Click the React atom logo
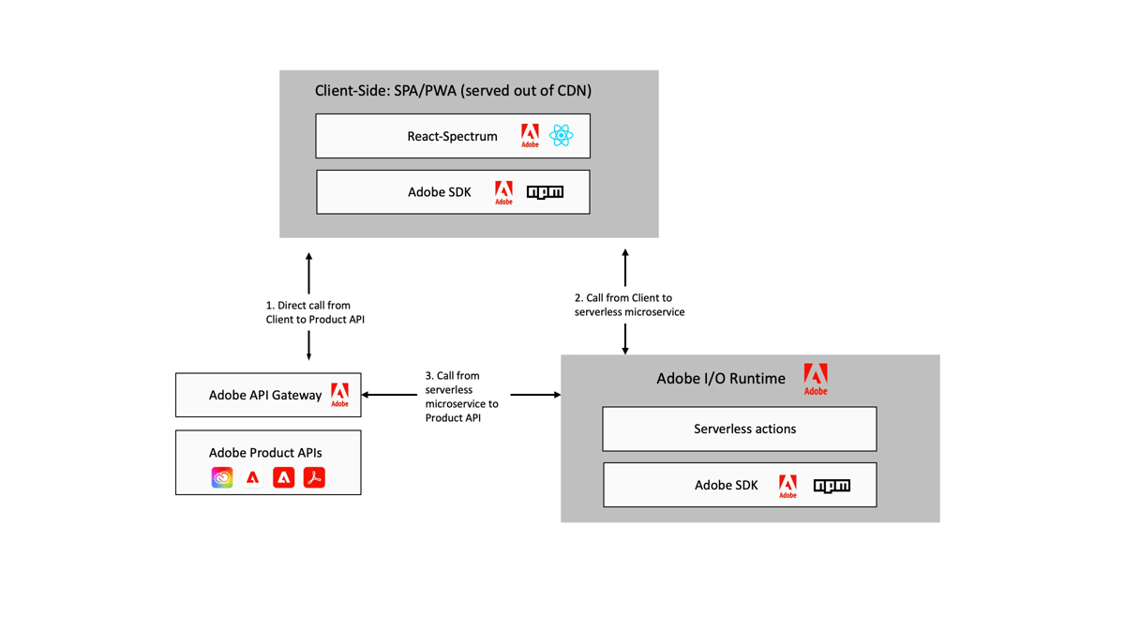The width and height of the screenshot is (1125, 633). point(561,136)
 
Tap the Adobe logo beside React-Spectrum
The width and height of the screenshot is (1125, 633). point(530,136)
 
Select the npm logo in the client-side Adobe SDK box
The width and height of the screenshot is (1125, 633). point(545,192)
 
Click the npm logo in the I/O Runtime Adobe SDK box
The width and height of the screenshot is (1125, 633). point(832,486)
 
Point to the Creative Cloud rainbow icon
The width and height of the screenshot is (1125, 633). point(222,477)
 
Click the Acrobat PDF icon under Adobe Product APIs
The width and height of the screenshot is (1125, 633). point(314,477)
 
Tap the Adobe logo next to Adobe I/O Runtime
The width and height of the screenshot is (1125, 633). point(816,379)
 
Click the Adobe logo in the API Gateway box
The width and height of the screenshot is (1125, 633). point(339,395)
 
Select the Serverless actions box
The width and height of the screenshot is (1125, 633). point(740,429)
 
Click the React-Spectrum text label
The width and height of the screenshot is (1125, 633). point(452,136)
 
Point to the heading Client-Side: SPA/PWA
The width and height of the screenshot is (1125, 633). point(453,91)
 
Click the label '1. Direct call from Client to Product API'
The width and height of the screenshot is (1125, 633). point(315,312)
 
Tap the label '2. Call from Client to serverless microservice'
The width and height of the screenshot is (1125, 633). point(629,305)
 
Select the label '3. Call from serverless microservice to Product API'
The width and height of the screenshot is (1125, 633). point(461,396)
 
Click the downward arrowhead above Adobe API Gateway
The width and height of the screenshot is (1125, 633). point(308,356)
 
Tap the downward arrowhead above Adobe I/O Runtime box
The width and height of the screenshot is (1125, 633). point(625,350)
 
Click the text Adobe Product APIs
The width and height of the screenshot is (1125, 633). point(265,452)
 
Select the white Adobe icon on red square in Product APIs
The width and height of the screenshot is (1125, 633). point(283,477)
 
